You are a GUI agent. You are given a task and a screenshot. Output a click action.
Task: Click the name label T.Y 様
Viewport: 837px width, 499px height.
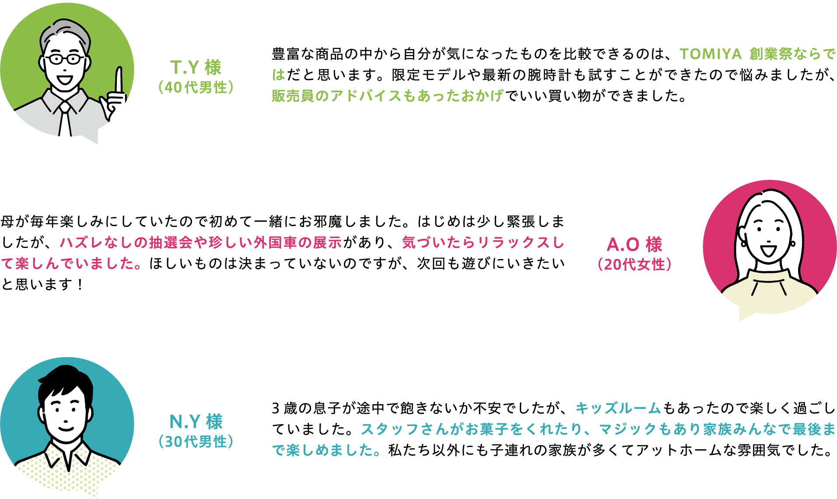point(196,67)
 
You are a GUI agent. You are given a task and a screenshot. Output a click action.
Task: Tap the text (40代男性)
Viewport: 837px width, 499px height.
point(196,87)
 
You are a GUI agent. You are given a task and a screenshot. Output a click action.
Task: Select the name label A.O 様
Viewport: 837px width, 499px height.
point(634,244)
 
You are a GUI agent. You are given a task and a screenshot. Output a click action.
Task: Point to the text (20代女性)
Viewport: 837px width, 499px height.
point(634,265)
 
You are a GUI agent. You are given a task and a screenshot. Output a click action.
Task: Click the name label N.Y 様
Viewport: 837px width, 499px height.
point(196,422)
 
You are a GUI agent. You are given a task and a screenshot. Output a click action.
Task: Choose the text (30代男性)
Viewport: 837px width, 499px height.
point(196,442)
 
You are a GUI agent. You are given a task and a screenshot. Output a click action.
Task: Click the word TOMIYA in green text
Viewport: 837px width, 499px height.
point(710,54)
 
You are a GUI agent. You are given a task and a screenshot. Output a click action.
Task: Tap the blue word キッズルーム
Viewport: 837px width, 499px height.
point(617,408)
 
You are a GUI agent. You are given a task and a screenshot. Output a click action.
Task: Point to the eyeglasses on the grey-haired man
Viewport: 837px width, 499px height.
point(66,59)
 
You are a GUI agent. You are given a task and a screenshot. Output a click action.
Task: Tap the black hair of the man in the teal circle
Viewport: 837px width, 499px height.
point(66,380)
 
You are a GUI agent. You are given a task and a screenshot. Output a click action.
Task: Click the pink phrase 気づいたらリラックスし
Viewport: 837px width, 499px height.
point(483,242)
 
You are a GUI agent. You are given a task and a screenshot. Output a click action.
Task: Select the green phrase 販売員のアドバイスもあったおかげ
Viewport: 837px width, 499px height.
point(387,96)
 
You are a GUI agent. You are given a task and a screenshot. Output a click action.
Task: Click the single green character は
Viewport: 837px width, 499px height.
point(279,75)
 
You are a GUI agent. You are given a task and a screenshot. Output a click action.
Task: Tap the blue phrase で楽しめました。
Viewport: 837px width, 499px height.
point(326,450)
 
